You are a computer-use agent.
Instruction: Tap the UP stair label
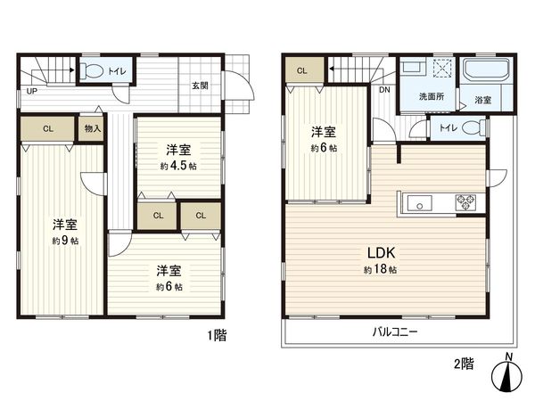click(x=31, y=91)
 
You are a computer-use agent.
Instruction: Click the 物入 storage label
click(x=93, y=128)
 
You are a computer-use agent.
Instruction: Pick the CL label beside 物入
click(x=48, y=128)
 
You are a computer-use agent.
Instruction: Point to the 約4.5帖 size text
click(x=178, y=166)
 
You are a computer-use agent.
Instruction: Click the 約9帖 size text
click(x=62, y=240)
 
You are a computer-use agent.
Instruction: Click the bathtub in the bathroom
click(x=485, y=70)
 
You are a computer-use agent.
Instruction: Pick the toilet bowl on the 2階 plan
click(x=474, y=128)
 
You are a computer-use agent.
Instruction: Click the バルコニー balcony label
click(x=395, y=331)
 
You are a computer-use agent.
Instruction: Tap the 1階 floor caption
click(x=217, y=335)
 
